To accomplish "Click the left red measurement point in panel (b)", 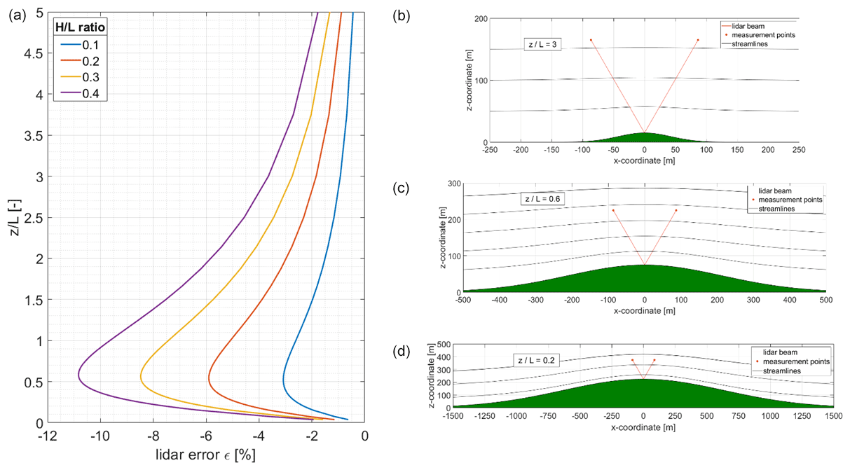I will [591, 40].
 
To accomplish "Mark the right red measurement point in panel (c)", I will [676, 210].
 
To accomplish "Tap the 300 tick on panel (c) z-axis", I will [455, 184].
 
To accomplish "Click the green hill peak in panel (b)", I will [644, 134].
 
